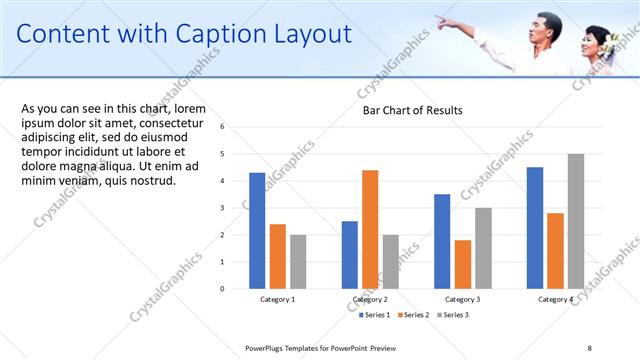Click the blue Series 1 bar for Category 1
point(257,230)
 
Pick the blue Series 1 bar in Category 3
point(442,240)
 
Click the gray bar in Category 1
point(298,261)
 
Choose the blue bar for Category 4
point(535,227)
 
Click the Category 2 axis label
point(370,299)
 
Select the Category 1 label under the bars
point(278,299)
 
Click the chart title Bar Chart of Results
point(412,110)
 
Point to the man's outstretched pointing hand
point(441,20)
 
